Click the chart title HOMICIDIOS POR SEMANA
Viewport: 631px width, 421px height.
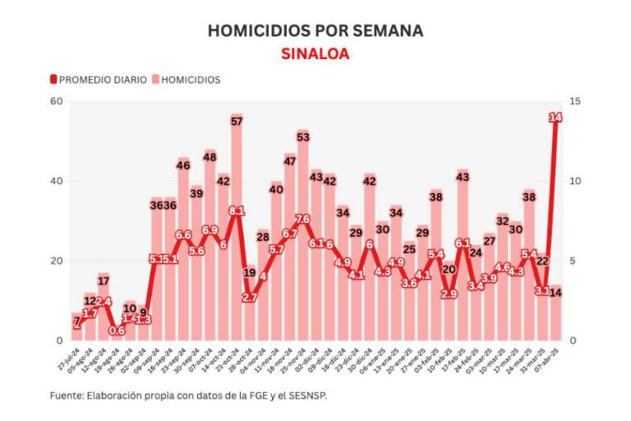pyautogui.click(x=315, y=30)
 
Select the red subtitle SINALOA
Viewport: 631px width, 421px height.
pyautogui.click(x=315, y=53)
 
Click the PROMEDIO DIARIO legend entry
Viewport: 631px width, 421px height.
pyautogui.click(x=99, y=80)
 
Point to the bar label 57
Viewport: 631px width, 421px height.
pyautogui.click(x=236, y=122)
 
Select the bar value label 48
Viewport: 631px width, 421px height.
pyautogui.click(x=210, y=156)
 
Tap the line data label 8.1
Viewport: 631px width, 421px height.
pyautogui.click(x=236, y=211)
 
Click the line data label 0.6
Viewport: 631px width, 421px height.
pyautogui.click(x=117, y=331)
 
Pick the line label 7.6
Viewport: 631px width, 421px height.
pyautogui.click(x=302, y=220)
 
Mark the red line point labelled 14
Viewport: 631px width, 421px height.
pyautogui.click(x=555, y=118)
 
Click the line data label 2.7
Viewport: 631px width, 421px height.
pyautogui.click(x=249, y=298)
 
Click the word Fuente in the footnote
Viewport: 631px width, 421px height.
pyautogui.click(x=66, y=396)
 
